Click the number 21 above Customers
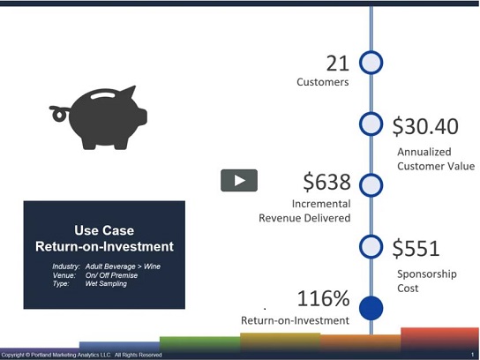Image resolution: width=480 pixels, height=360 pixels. (x=338, y=64)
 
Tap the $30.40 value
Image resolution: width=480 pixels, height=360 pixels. (x=425, y=126)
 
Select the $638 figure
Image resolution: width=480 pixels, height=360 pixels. (x=326, y=182)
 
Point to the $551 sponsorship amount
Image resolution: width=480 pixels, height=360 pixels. (x=416, y=248)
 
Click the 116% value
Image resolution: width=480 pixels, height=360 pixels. (x=323, y=298)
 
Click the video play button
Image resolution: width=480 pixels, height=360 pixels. (x=239, y=180)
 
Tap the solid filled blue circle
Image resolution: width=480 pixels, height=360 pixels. (x=371, y=308)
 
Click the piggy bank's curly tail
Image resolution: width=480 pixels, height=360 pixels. (x=58, y=114)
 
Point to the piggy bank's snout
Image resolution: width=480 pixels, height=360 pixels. (x=142, y=116)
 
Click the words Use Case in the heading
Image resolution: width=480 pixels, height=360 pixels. (x=104, y=230)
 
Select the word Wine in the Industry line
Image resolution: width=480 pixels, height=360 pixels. (x=152, y=266)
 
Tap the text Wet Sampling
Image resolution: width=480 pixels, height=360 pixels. (x=106, y=283)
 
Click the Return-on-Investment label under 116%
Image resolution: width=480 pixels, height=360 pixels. (x=295, y=320)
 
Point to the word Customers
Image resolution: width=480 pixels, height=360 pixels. (x=323, y=82)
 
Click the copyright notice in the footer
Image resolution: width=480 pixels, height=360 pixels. (x=82, y=355)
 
